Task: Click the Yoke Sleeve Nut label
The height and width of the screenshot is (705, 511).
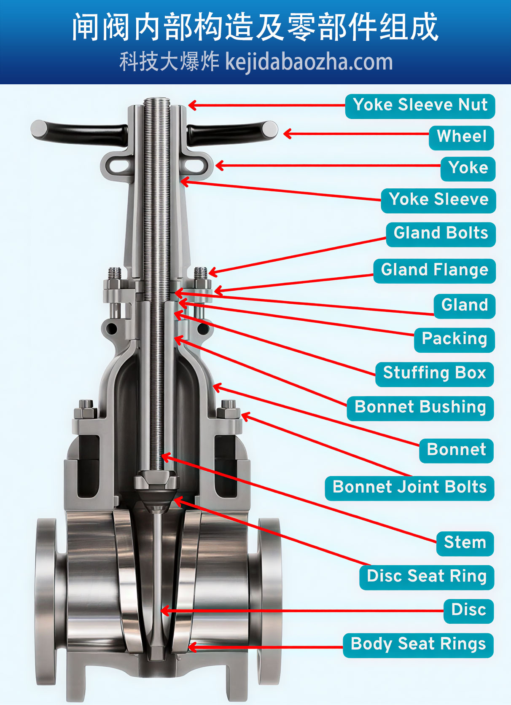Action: click(420, 105)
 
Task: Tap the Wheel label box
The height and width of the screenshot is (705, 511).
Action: click(462, 137)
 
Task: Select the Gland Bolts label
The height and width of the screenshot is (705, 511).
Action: click(441, 233)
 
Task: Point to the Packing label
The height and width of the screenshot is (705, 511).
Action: click(454, 339)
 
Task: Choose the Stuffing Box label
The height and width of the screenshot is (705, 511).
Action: click(434, 373)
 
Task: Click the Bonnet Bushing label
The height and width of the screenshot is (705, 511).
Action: click(420, 407)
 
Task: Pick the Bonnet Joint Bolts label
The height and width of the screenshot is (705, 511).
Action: click(409, 488)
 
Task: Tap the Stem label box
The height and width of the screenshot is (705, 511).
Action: click(465, 543)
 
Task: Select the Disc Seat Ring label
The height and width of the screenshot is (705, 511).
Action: click(426, 576)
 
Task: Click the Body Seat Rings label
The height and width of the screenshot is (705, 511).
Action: click(418, 645)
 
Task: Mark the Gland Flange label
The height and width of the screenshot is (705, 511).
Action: click(434, 270)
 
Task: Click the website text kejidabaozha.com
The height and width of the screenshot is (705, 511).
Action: click(309, 62)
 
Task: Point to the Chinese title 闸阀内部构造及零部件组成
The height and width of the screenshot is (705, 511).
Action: click(255, 27)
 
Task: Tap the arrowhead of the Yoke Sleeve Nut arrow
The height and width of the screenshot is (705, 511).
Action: click(191, 105)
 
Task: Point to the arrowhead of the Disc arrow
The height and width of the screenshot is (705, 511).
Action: click(165, 611)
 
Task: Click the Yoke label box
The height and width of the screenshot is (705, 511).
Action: click(468, 168)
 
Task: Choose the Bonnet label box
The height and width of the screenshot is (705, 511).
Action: click(456, 450)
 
